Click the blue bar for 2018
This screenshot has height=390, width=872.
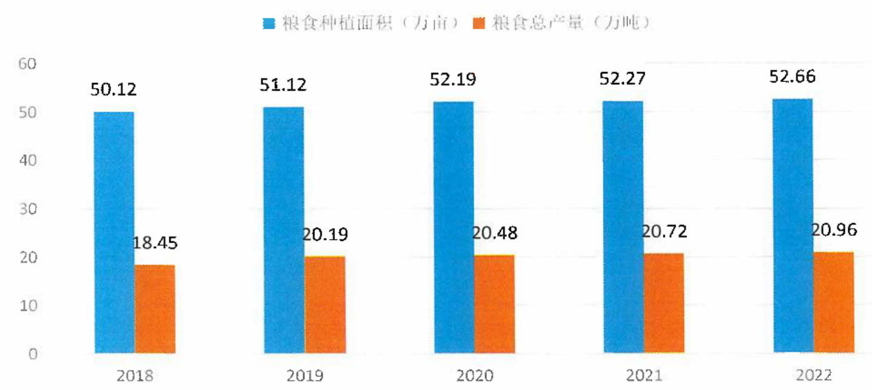(x=114, y=232)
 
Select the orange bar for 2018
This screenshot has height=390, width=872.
(x=155, y=309)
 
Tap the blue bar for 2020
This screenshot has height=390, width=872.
(x=454, y=227)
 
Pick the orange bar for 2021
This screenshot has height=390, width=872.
(x=664, y=303)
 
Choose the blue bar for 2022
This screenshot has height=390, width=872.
(x=793, y=226)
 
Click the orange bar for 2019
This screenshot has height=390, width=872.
(x=325, y=304)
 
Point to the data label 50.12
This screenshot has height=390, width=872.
(x=113, y=90)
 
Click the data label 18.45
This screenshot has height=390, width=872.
(x=155, y=243)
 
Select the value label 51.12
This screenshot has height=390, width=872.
(x=283, y=85)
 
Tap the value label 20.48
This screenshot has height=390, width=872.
(x=495, y=233)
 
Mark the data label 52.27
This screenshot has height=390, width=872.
(x=623, y=79)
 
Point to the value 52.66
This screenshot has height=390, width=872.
(x=792, y=76)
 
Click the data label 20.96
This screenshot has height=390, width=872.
(x=834, y=230)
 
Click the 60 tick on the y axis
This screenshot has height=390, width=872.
(x=28, y=64)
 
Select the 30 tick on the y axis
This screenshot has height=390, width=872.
(x=28, y=209)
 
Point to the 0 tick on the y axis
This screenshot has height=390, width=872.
(x=33, y=354)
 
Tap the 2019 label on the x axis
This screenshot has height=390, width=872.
(x=305, y=375)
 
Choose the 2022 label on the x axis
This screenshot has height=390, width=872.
(x=814, y=375)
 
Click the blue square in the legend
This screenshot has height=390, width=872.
(x=269, y=24)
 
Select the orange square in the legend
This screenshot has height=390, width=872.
(x=479, y=23)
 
